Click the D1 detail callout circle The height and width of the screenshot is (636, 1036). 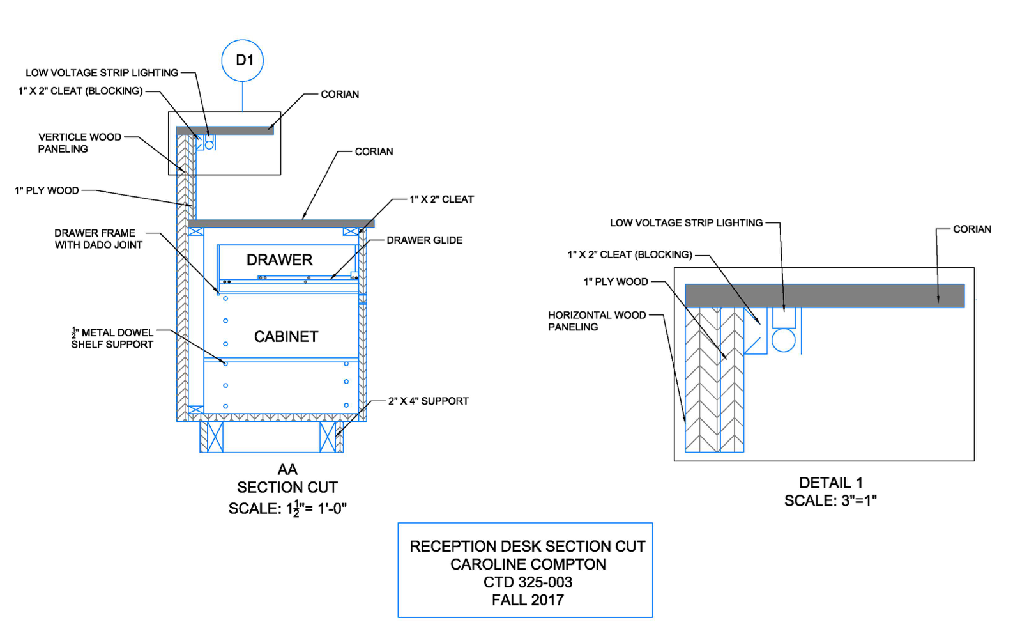[x=242, y=61]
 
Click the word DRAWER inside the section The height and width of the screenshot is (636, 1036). [x=279, y=260]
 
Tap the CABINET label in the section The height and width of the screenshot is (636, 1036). [x=286, y=337]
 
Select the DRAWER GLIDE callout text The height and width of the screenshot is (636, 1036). [x=424, y=240]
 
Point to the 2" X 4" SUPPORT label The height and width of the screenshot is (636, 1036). [x=428, y=401]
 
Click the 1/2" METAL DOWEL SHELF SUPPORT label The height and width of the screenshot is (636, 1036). [x=112, y=339]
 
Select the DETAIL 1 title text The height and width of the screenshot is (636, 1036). [x=830, y=483]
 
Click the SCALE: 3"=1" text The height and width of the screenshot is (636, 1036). [x=830, y=501]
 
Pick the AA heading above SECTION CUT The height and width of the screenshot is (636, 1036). [x=287, y=470]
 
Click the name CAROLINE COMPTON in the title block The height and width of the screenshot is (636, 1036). [x=528, y=564]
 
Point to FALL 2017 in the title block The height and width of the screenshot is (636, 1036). [x=528, y=600]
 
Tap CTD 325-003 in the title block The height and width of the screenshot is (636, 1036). [x=528, y=582]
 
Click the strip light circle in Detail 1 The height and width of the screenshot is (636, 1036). [x=783, y=340]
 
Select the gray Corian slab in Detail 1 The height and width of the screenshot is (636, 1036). [x=824, y=296]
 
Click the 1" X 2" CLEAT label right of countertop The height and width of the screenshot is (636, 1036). [x=441, y=199]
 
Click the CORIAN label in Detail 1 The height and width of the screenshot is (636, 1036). [x=971, y=229]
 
